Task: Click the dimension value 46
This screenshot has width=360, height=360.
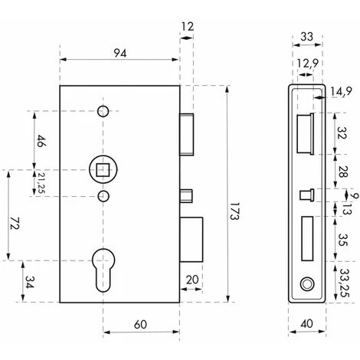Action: click(x=39, y=141)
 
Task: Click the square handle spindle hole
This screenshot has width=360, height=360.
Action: click(x=100, y=165)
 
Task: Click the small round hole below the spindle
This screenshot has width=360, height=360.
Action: click(x=105, y=198)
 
